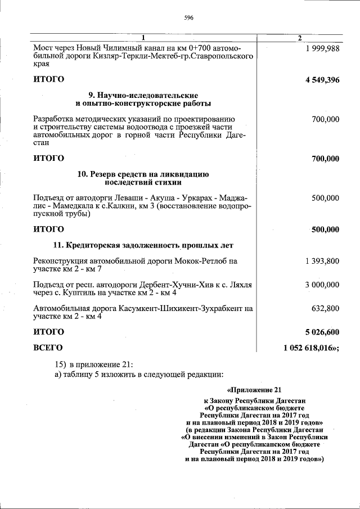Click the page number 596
click(x=189, y=18)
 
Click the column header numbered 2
click(x=299, y=38)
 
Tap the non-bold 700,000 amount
click(x=325, y=119)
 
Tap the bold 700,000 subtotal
click(x=325, y=159)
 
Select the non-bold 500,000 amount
click(x=325, y=198)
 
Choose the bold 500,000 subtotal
click(x=325, y=229)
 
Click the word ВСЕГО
click(x=48, y=348)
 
